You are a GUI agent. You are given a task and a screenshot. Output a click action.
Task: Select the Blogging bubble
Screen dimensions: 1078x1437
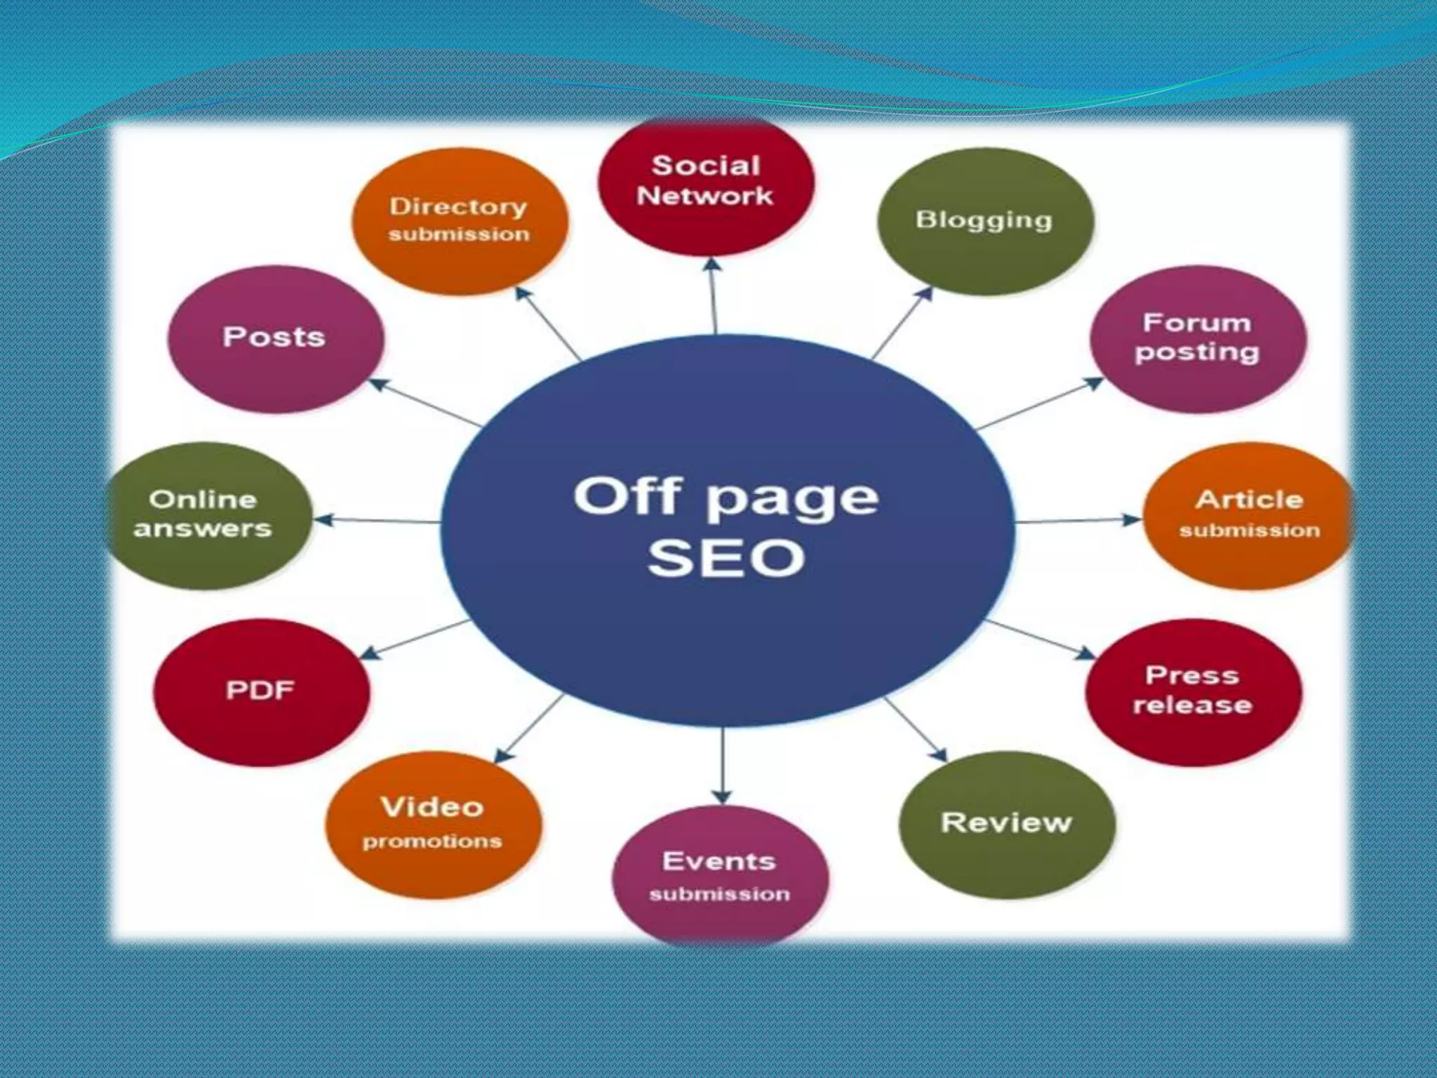click(985, 220)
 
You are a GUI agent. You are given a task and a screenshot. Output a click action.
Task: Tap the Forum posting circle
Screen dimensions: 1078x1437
click(1198, 338)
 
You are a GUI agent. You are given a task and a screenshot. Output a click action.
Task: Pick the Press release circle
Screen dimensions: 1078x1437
click(1193, 691)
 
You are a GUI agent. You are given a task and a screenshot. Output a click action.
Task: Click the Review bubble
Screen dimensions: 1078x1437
click(1006, 824)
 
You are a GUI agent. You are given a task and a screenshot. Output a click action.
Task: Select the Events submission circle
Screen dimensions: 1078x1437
click(720, 876)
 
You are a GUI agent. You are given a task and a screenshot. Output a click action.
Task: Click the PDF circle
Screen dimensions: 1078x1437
click(261, 691)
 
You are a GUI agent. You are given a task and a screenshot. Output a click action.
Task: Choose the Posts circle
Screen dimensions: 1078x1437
click(275, 338)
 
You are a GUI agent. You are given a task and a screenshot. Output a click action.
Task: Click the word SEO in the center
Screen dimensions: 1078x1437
click(726, 559)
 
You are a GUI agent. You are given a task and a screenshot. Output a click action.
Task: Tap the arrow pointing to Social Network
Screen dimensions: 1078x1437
click(714, 295)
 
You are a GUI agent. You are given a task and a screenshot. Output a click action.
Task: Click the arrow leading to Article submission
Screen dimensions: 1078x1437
click(1077, 521)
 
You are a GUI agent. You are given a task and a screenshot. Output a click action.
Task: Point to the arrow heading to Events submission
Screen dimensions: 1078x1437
click(722, 765)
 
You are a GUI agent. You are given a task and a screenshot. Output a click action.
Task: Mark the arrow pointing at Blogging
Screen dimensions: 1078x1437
click(902, 322)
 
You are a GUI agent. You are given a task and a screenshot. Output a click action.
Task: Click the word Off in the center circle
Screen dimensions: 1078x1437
click(627, 495)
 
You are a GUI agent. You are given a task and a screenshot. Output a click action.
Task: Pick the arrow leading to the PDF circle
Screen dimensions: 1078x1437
click(414, 639)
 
